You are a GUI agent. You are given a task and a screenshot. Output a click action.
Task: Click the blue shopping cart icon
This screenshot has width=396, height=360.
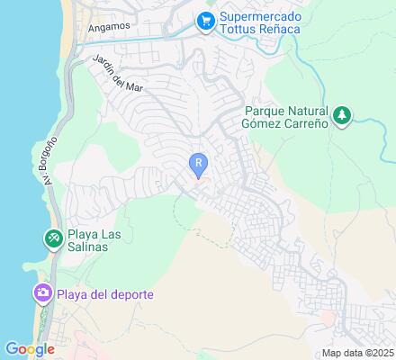click(206, 19)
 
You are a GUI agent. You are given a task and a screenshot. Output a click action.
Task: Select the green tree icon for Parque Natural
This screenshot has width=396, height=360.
click(341, 115)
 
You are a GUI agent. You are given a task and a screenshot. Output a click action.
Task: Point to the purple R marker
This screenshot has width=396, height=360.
click(198, 163)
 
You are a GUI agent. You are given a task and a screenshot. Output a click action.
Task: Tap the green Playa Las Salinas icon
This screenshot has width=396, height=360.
click(53, 238)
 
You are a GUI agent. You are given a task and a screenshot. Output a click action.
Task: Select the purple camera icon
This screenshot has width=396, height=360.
click(41, 293)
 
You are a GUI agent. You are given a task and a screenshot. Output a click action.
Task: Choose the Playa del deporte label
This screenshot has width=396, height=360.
click(105, 294)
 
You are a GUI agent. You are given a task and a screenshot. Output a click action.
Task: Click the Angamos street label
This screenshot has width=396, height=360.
click(109, 28)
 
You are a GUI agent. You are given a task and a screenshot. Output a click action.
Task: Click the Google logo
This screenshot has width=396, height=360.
click(29, 349)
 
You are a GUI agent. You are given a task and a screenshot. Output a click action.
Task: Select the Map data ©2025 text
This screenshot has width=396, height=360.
click(358, 353)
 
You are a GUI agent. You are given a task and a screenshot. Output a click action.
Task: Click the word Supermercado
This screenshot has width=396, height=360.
click(262, 14)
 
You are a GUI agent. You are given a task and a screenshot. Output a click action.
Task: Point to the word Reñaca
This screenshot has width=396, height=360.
click(280, 29)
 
